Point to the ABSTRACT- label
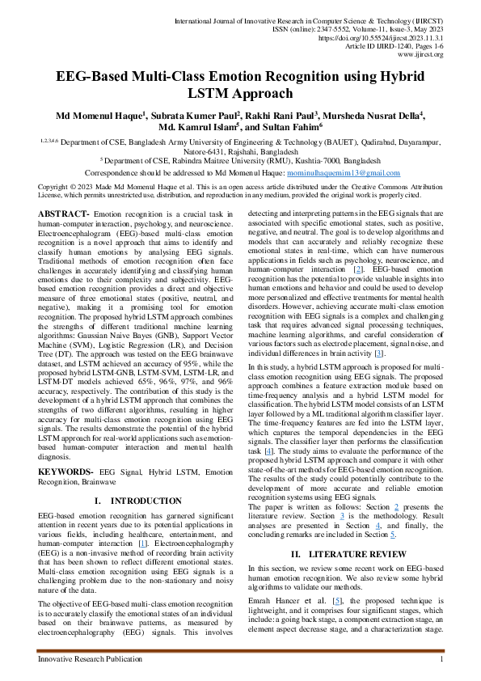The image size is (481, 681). click(64, 213)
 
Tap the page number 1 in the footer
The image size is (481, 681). click(441, 660)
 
